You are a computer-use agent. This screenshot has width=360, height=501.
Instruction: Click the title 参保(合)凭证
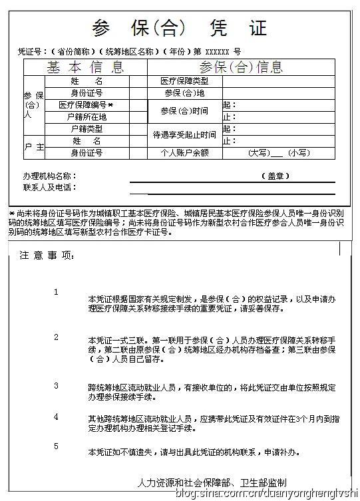coord(180,28)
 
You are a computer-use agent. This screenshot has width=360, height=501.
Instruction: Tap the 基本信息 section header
coord(85,67)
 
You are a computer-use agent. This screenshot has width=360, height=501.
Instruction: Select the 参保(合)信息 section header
coord(241,67)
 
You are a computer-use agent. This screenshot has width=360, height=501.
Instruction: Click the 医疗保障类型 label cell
coord(184,81)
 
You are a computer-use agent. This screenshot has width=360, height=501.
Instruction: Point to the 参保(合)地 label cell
coord(184,93)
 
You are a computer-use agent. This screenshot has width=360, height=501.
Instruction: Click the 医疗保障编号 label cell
coord(87,105)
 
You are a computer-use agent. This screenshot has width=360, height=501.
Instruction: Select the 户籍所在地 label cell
coord(87,116)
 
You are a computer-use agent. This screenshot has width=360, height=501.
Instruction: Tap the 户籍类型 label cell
coord(87,128)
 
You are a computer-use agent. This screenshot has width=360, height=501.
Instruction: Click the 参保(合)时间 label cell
coord(184,110)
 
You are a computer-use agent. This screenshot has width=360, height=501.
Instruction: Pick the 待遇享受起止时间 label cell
coord(184,134)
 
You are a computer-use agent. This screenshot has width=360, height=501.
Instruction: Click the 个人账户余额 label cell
coord(184,152)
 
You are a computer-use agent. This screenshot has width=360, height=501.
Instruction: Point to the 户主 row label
coord(34,146)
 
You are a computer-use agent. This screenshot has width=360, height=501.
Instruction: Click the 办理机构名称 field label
coord(49,176)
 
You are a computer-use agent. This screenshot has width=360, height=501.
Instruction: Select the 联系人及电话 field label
coord(49,188)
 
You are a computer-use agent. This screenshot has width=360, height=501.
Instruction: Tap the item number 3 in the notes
coord(56,385)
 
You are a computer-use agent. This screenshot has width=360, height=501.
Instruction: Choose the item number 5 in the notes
coord(56,446)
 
